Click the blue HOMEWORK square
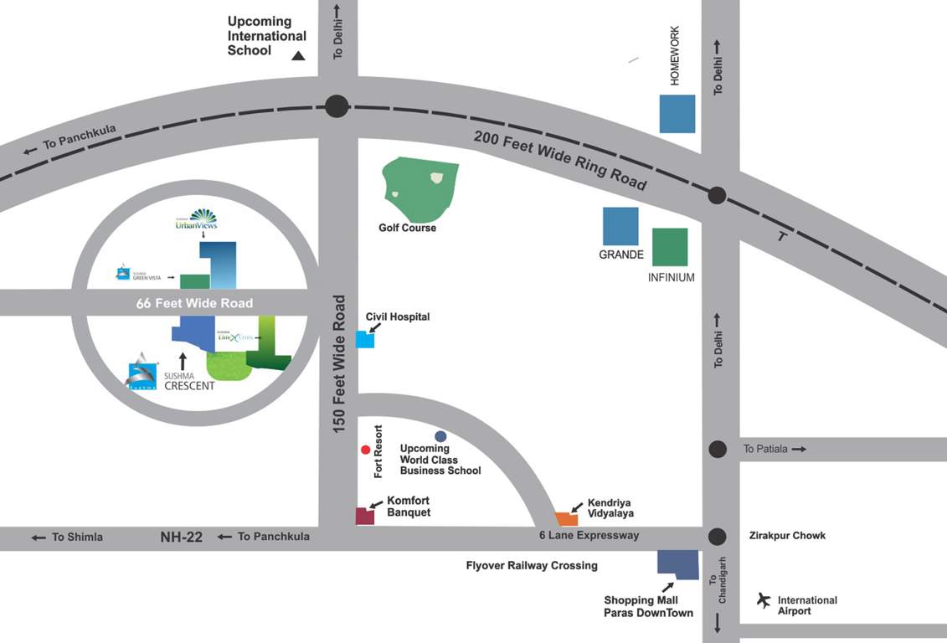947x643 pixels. tap(677, 114)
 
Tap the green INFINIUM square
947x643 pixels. tap(670, 247)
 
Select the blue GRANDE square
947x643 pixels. tap(620, 226)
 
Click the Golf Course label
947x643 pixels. tap(407, 228)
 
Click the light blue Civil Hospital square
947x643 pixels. tap(365, 339)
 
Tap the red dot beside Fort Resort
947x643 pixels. tap(365, 450)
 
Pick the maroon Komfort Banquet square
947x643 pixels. tap(365, 516)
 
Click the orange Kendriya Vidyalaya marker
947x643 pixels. tap(567, 519)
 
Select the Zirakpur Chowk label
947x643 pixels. tap(786, 536)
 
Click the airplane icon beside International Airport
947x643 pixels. tap(763, 599)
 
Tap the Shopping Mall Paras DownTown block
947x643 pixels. tap(678, 564)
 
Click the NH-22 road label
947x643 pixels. tap(182, 538)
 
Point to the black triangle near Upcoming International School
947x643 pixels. tap(298, 56)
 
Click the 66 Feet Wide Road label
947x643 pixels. tap(194, 303)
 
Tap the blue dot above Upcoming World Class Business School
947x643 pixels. tap(440, 436)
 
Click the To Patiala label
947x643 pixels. tap(766, 450)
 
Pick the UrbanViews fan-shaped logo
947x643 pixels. tap(203, 216)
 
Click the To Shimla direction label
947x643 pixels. tap(77, 538)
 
